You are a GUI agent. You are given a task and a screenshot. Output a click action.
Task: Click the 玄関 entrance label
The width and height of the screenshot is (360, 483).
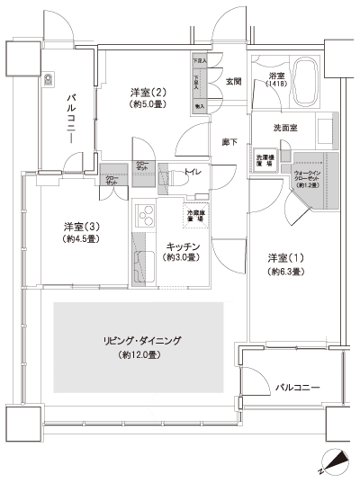point(232,82)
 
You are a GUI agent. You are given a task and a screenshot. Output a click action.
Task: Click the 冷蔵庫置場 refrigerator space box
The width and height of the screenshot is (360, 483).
point(195,216)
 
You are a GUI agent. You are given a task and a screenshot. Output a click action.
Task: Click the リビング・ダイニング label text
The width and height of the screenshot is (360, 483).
point(143,341)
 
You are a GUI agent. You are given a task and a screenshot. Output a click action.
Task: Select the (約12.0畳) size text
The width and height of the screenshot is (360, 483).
point(143,356)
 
